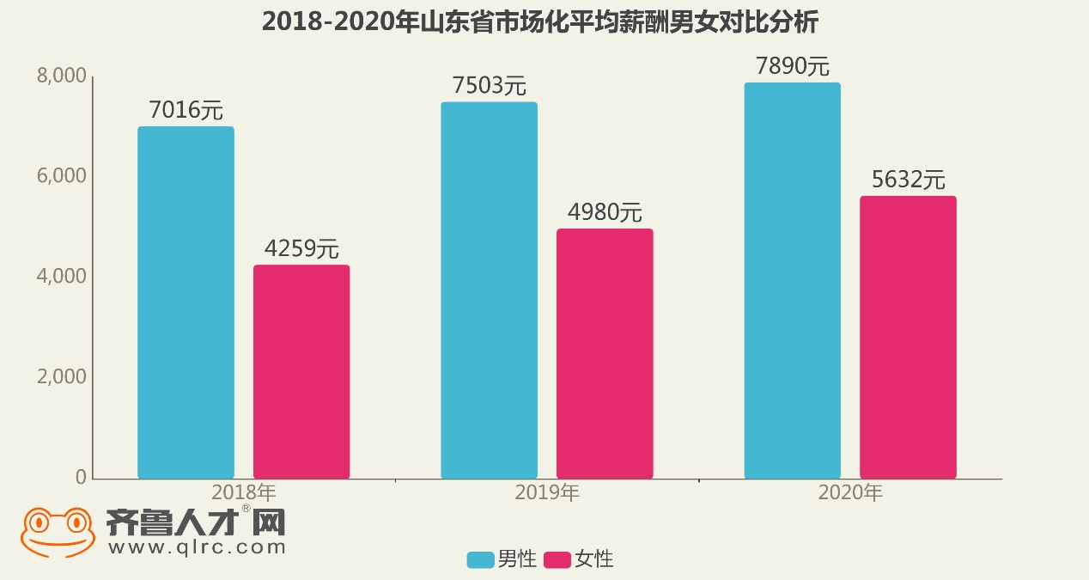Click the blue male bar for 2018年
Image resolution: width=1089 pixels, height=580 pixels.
tap(186, 302)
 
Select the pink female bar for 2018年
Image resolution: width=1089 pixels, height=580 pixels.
tap(301, 371)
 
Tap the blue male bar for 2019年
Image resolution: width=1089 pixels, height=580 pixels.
tap(489, 290)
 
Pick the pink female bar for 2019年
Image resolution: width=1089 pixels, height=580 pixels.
tap(605, 353)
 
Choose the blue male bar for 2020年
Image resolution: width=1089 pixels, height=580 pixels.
tap(792, 280)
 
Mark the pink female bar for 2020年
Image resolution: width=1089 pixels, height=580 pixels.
tap(908, 337)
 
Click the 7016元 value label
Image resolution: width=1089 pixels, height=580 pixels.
tap(186, 111)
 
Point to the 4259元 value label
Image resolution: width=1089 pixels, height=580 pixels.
tap(301, 249)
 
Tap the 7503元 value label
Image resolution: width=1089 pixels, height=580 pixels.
tap(489, 86)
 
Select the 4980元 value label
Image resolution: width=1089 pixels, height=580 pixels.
tap(605, 212)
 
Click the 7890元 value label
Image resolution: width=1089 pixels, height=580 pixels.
tap(792, 66)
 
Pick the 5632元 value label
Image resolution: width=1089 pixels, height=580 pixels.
tap(908, 180)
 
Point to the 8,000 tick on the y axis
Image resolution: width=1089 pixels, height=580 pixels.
tap(62, 76)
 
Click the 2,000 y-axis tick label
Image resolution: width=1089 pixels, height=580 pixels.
tap(62, 376)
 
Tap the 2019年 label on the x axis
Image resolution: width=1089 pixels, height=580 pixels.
tap(547, 493)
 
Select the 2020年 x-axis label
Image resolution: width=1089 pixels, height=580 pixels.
tap(850, 493)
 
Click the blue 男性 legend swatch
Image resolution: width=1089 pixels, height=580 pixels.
tap(480, 560)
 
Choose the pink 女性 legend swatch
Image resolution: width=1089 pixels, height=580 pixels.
tap(557, 560)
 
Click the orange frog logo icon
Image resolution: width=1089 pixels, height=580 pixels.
tap(58, 532)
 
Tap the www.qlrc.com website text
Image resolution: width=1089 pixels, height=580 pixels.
tap(196, 546)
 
